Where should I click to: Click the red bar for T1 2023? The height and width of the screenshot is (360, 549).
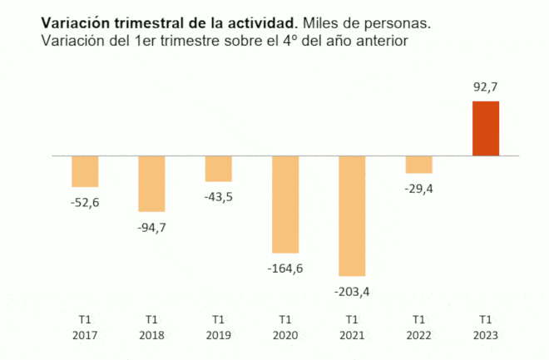click(x=486, y=128)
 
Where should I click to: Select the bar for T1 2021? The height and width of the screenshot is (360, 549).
click(x=352, y=215)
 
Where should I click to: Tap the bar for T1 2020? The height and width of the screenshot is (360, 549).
click(x=285, y=204)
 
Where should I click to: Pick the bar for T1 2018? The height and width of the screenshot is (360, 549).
click(x=151, y=184)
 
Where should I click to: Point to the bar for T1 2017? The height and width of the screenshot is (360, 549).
click(x=85, y=171)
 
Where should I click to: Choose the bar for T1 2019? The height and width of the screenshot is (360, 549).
click(x=218, y=168)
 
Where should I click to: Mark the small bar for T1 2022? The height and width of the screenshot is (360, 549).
click(x=419, y=164)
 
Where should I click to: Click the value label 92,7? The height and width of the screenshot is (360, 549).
click(x=486, y=86)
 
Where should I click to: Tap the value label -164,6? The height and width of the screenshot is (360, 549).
click(x=285, y=268)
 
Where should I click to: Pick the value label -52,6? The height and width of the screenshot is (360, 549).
click(x=85, y=202)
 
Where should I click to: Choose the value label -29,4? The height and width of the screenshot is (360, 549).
click(x=419, y=188)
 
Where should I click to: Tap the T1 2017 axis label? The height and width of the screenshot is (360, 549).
click(x=85, y=326)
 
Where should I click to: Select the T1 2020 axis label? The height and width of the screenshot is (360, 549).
click(x=285, y=326)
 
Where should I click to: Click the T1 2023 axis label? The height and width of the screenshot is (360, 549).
click(x=486, y=326)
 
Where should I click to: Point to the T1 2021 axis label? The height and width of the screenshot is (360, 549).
click(x=352, y=326)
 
